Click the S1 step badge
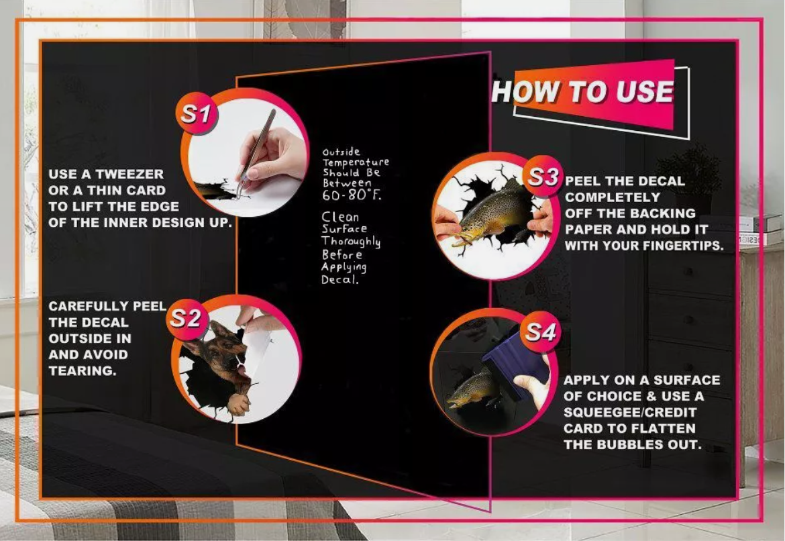pos(196,113)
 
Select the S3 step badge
pos(543,177)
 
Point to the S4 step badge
pos(541,332)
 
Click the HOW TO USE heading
pos(583,92)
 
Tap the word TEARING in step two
pos(83,371)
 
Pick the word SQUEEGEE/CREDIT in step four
pos(630,412)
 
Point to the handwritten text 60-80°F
pos(352,195)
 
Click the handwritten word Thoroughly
pos(351,242)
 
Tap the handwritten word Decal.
pos(340,279)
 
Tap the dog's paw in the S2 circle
pos(238,404)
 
